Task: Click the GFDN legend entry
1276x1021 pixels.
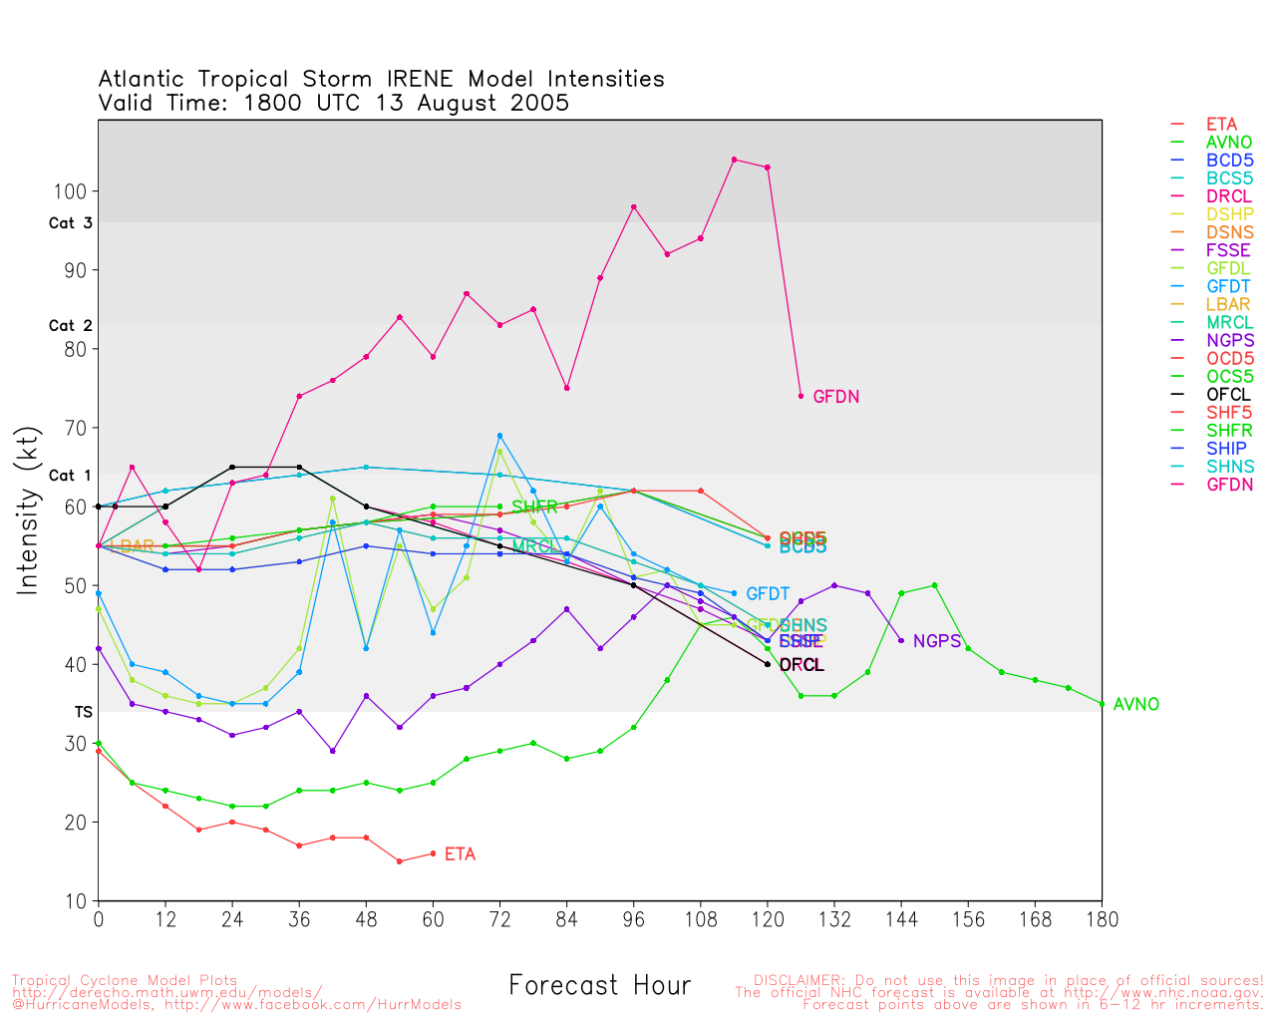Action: (1229, 485)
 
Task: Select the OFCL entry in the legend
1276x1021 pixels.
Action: (1228, 395)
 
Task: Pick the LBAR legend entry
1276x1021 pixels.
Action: (1228, 305)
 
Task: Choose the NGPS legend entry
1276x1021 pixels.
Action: (1229, 341)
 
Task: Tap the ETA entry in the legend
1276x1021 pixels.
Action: (1221, 125)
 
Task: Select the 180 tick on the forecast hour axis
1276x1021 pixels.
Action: (1102, 919)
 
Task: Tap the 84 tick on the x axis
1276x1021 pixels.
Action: (567, 919)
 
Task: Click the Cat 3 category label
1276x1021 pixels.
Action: (71, 223)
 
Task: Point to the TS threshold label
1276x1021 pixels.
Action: (83, 712)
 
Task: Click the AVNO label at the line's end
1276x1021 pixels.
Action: (1136, 705)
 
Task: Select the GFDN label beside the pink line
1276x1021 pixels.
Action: (835, 397)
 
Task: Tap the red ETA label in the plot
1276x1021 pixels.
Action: (460, 854)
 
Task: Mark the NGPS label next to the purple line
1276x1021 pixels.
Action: (936, 641)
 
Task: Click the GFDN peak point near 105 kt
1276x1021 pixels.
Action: (734, 160)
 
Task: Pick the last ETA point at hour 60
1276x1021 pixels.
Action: (433, 853)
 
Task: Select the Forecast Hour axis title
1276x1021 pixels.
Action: (599, 986)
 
